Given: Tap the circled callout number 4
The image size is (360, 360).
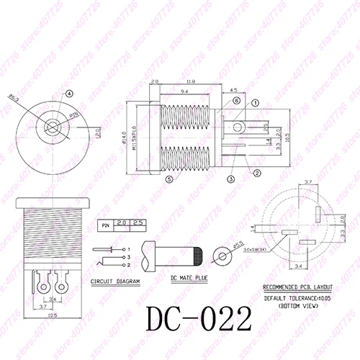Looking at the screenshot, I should pyautogui.click(x=69, y=94).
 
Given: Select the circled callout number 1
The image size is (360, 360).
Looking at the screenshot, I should pyautogui.click(x=256, y=103).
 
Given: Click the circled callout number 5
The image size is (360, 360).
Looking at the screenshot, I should pyautogui.click(x=168, y=179).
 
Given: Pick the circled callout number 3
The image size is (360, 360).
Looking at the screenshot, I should pyautogui.click(x=231, y=178).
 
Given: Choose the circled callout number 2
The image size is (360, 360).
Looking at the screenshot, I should pyautogui.click(x=256, y=172).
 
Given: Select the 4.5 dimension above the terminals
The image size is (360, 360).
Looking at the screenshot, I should pyautogui.click(x=234, y=90).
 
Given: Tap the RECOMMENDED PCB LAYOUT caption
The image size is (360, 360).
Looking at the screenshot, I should pyautogui.click(x=299, y=286).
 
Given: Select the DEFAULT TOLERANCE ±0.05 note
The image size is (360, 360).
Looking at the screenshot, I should pyautogui.click(x=298, y=297).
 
